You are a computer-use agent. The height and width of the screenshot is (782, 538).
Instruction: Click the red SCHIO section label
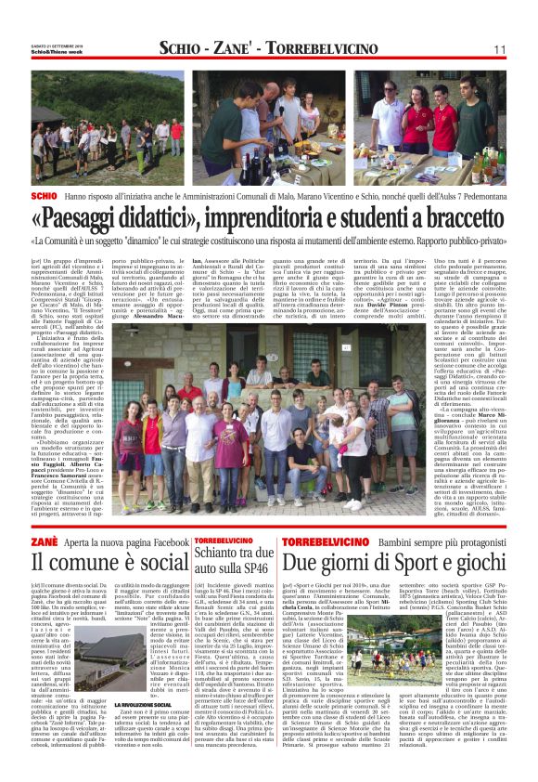[x=44, y=198]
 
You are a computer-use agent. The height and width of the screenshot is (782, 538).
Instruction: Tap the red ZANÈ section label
[x=43, y=541]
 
